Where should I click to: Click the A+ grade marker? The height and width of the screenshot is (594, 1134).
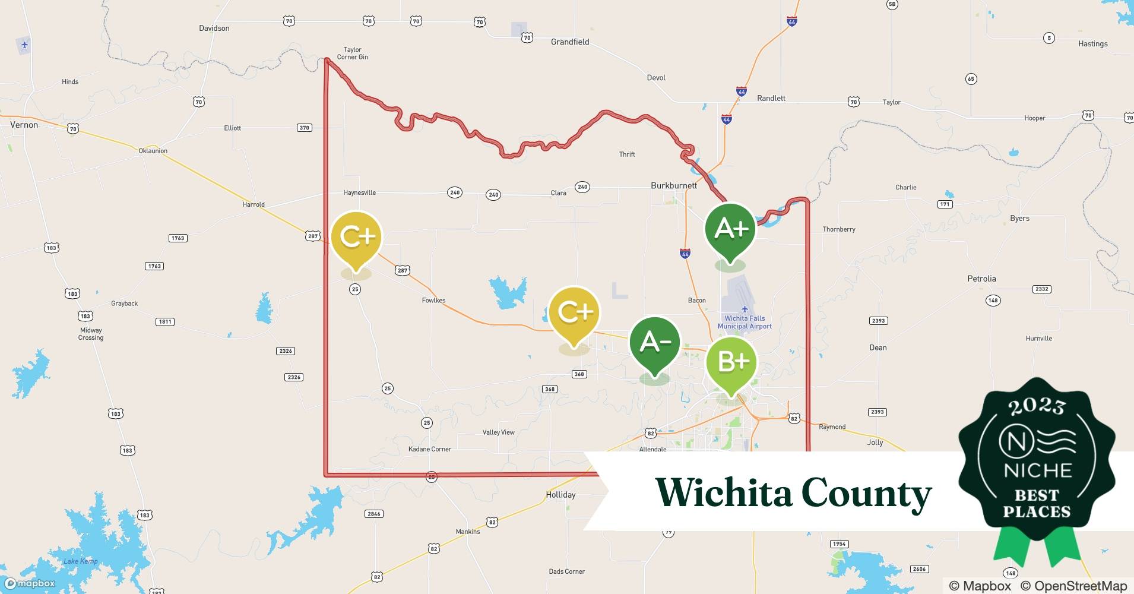[730, 229]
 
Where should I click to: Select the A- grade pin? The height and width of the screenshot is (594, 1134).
[654, 343]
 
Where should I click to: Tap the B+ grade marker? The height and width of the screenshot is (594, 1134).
[731, 362]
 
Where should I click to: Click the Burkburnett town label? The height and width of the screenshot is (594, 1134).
[673, 185]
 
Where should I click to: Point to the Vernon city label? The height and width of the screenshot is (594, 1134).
[24, 125]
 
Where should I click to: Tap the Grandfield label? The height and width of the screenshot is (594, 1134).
[570, 42]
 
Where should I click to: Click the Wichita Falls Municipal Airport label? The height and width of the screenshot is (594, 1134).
[745, 322]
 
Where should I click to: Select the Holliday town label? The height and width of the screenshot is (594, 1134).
[560, 495]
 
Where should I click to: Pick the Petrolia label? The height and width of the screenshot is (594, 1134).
[981, 279]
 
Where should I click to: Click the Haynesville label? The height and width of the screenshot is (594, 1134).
[359, 192]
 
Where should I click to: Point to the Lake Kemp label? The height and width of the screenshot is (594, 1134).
[80, 561]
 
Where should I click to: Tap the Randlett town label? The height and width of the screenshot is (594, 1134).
[771, 98]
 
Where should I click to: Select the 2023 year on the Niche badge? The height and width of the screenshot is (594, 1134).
[1037, 406]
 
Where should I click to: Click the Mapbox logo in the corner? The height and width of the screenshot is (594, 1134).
[30, 583]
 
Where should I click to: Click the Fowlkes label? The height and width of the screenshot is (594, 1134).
[433, 301]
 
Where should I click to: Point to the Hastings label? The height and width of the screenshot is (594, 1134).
[1092, 44]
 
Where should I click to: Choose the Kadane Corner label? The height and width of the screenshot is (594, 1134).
[430, 449]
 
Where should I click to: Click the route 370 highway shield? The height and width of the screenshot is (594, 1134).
[304, 128]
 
